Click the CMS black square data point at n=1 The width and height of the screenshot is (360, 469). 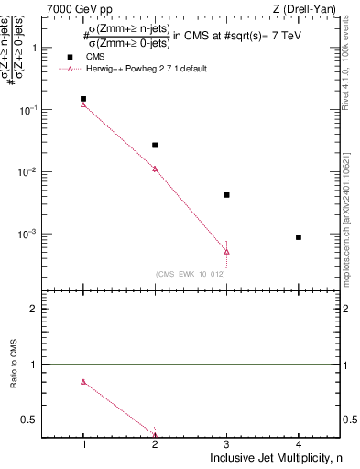pyautogui.click(x=83, y=99)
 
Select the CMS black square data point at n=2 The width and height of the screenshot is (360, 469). pyautogui.click(x=155, y=145)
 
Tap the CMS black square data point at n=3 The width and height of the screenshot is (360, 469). pyautogui.click(x=226, y=195)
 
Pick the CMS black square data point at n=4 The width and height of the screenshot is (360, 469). pyautogui.click(x=299, y=237)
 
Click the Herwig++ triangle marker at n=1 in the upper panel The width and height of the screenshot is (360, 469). pyautogui.click(x=83, y=104)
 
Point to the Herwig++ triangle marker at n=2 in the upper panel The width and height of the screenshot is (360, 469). pyautogui.click(x=155, y=169)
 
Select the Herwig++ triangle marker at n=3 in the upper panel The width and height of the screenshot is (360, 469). pyautogui.click(x=226, y=252)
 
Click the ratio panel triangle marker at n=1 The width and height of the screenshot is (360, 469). pyautogui.click(x=83, y=382)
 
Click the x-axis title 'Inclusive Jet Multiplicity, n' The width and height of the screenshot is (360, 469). pyautogui.click(x=274, y=457)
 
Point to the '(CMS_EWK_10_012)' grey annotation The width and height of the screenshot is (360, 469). pyautogui.click(x=191, y=274)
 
